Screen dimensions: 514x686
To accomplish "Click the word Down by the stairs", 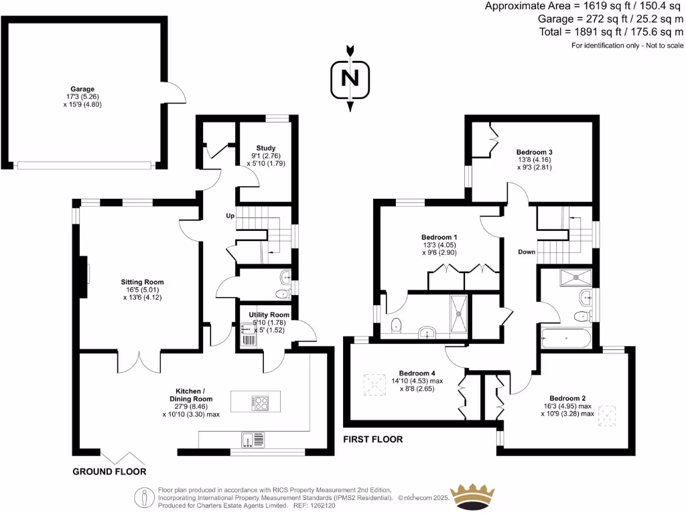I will click(527, 252).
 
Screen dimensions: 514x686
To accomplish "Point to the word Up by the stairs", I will click(230, 216).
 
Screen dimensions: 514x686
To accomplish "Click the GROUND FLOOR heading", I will click(109, 472).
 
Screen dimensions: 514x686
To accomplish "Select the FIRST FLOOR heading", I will click(373, 440).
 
